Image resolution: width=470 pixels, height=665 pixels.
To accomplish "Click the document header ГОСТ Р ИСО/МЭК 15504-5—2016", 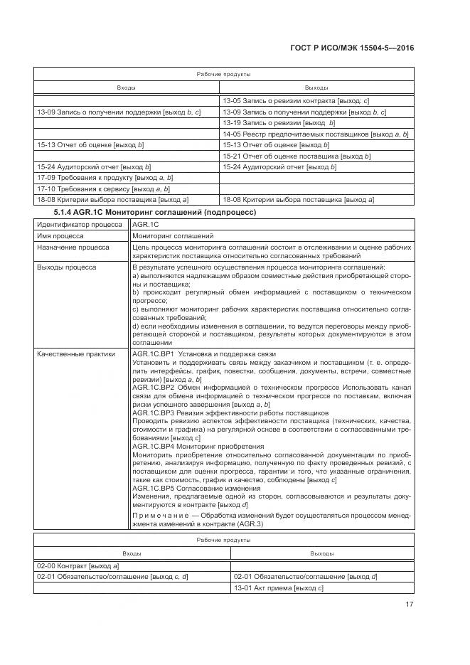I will tap(352, 48).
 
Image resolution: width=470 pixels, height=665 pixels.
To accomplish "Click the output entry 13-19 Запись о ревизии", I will tap(269, 123).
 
